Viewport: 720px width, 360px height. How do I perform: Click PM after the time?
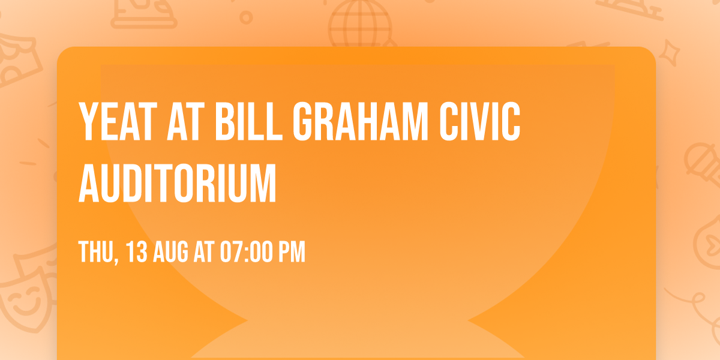coord(292,252)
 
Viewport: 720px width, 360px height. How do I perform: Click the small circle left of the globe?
coord(246,18)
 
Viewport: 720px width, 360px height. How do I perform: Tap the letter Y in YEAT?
coord(88,122)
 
